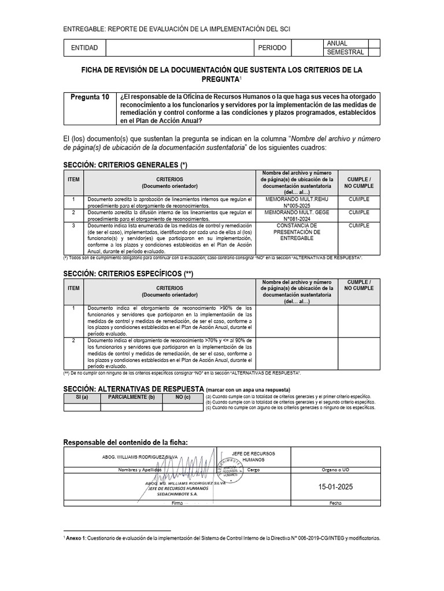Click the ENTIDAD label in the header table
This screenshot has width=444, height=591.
tap(84, 47)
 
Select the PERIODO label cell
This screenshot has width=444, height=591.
tap(273, 47)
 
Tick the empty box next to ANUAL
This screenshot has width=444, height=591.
tap(374, 43)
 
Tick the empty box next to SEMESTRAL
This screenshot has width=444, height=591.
tap(374, 52)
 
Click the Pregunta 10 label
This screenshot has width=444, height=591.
tap(90, 98)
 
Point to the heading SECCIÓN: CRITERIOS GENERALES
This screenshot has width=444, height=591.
tap(125, 165)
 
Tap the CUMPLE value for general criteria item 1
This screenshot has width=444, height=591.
tap(359, 199)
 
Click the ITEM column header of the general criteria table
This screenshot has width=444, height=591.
tap(73, 180)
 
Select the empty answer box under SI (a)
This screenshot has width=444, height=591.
tap(82, 407)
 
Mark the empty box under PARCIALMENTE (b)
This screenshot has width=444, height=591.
tap(131, 407)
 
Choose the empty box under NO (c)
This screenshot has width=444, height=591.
tap(183, 407)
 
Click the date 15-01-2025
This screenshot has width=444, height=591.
tap(335, 487)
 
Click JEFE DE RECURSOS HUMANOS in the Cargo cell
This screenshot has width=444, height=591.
tap(253, 457)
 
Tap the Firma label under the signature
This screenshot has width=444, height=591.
tap(177, 503)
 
